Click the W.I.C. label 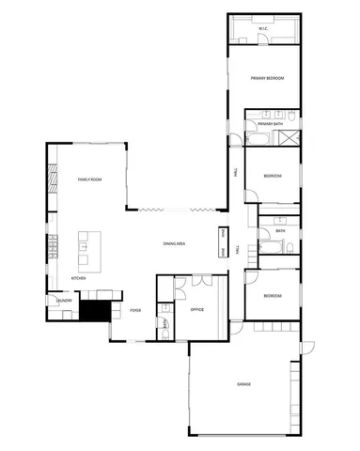(264, 29)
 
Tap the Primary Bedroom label (268, 78)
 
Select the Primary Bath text (271, 123)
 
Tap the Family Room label (89, 179)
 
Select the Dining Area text (174, 243)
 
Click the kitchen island (85, 246)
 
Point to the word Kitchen (79, 279)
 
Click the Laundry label (64, 302)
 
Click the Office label (197, 309)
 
